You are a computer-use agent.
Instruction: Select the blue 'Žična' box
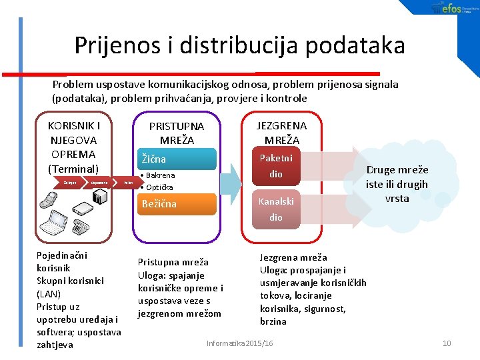176,159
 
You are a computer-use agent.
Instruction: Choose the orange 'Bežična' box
176,204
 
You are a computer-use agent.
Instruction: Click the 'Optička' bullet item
159,187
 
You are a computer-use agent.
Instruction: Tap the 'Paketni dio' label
276,166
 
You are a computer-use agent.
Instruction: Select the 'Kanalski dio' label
276,208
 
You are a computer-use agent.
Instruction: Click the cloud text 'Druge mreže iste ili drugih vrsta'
397,184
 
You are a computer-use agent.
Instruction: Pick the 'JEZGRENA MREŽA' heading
282,133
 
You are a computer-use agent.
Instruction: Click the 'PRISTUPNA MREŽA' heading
177,133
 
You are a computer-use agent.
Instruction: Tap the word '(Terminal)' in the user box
73,169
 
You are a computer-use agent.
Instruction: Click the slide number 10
447,343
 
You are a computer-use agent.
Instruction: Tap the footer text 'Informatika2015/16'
240,343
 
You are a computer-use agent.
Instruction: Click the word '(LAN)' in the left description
48,293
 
